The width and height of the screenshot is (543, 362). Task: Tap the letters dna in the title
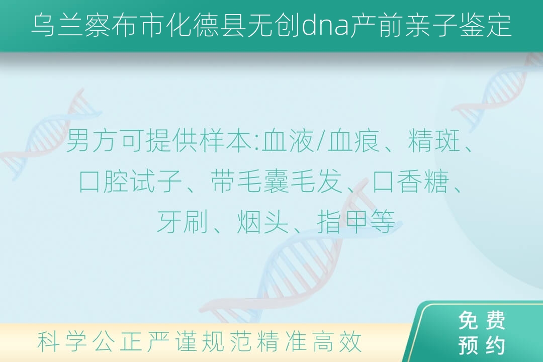point(325,25)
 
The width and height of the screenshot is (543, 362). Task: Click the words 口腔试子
point(131,181)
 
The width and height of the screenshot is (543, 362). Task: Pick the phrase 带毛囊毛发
point(277,181)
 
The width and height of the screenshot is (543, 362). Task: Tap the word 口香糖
point(410,181)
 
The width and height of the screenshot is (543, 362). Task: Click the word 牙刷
point(182,222)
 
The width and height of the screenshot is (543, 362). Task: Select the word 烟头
point(262,222)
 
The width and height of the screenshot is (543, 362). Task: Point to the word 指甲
point(342,222)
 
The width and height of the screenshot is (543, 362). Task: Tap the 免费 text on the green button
point(482,320)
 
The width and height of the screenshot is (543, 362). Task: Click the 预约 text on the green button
point(482,345)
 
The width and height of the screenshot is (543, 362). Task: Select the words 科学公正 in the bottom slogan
point(89,341)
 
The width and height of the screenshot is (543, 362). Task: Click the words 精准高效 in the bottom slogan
point(309,341)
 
